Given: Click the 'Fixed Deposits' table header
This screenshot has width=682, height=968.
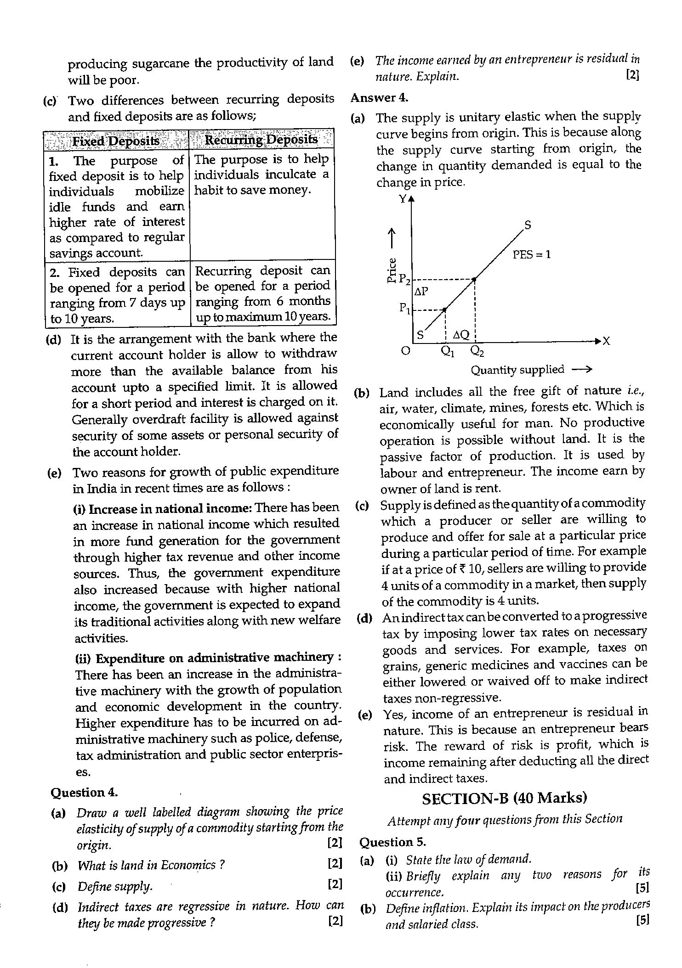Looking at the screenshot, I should [x=116, y=141].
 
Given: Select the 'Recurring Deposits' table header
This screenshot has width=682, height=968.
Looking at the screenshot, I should [x=261, y=140].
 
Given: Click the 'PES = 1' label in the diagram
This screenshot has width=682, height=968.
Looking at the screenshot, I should [x=531, y=254].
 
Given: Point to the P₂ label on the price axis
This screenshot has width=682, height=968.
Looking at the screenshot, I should [x=404, y=279].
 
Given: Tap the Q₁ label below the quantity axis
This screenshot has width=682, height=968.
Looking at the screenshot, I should [x=447, y=351].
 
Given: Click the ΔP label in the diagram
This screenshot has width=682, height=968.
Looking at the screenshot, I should [x=421, y=292].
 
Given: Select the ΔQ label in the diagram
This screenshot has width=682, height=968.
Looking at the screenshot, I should [x=461, y=335].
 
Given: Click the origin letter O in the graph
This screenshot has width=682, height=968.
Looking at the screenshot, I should [x=405, y=351].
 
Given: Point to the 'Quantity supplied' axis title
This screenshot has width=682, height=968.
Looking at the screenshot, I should [x=517, y=370].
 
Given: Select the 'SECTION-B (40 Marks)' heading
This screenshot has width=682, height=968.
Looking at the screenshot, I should [x=504, y=798].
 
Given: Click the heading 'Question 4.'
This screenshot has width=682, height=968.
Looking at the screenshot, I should [x=84, y=793].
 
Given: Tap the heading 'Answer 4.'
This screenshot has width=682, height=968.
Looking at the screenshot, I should [x=379, y=97].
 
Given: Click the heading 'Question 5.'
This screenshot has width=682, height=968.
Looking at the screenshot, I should [x=392, y=842].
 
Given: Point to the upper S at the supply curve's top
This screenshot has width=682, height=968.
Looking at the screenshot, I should [x=528, y=225].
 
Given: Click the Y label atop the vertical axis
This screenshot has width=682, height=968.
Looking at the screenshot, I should [x=403, y=199].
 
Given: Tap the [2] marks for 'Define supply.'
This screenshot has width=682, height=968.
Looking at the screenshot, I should [x=335, y=884].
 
